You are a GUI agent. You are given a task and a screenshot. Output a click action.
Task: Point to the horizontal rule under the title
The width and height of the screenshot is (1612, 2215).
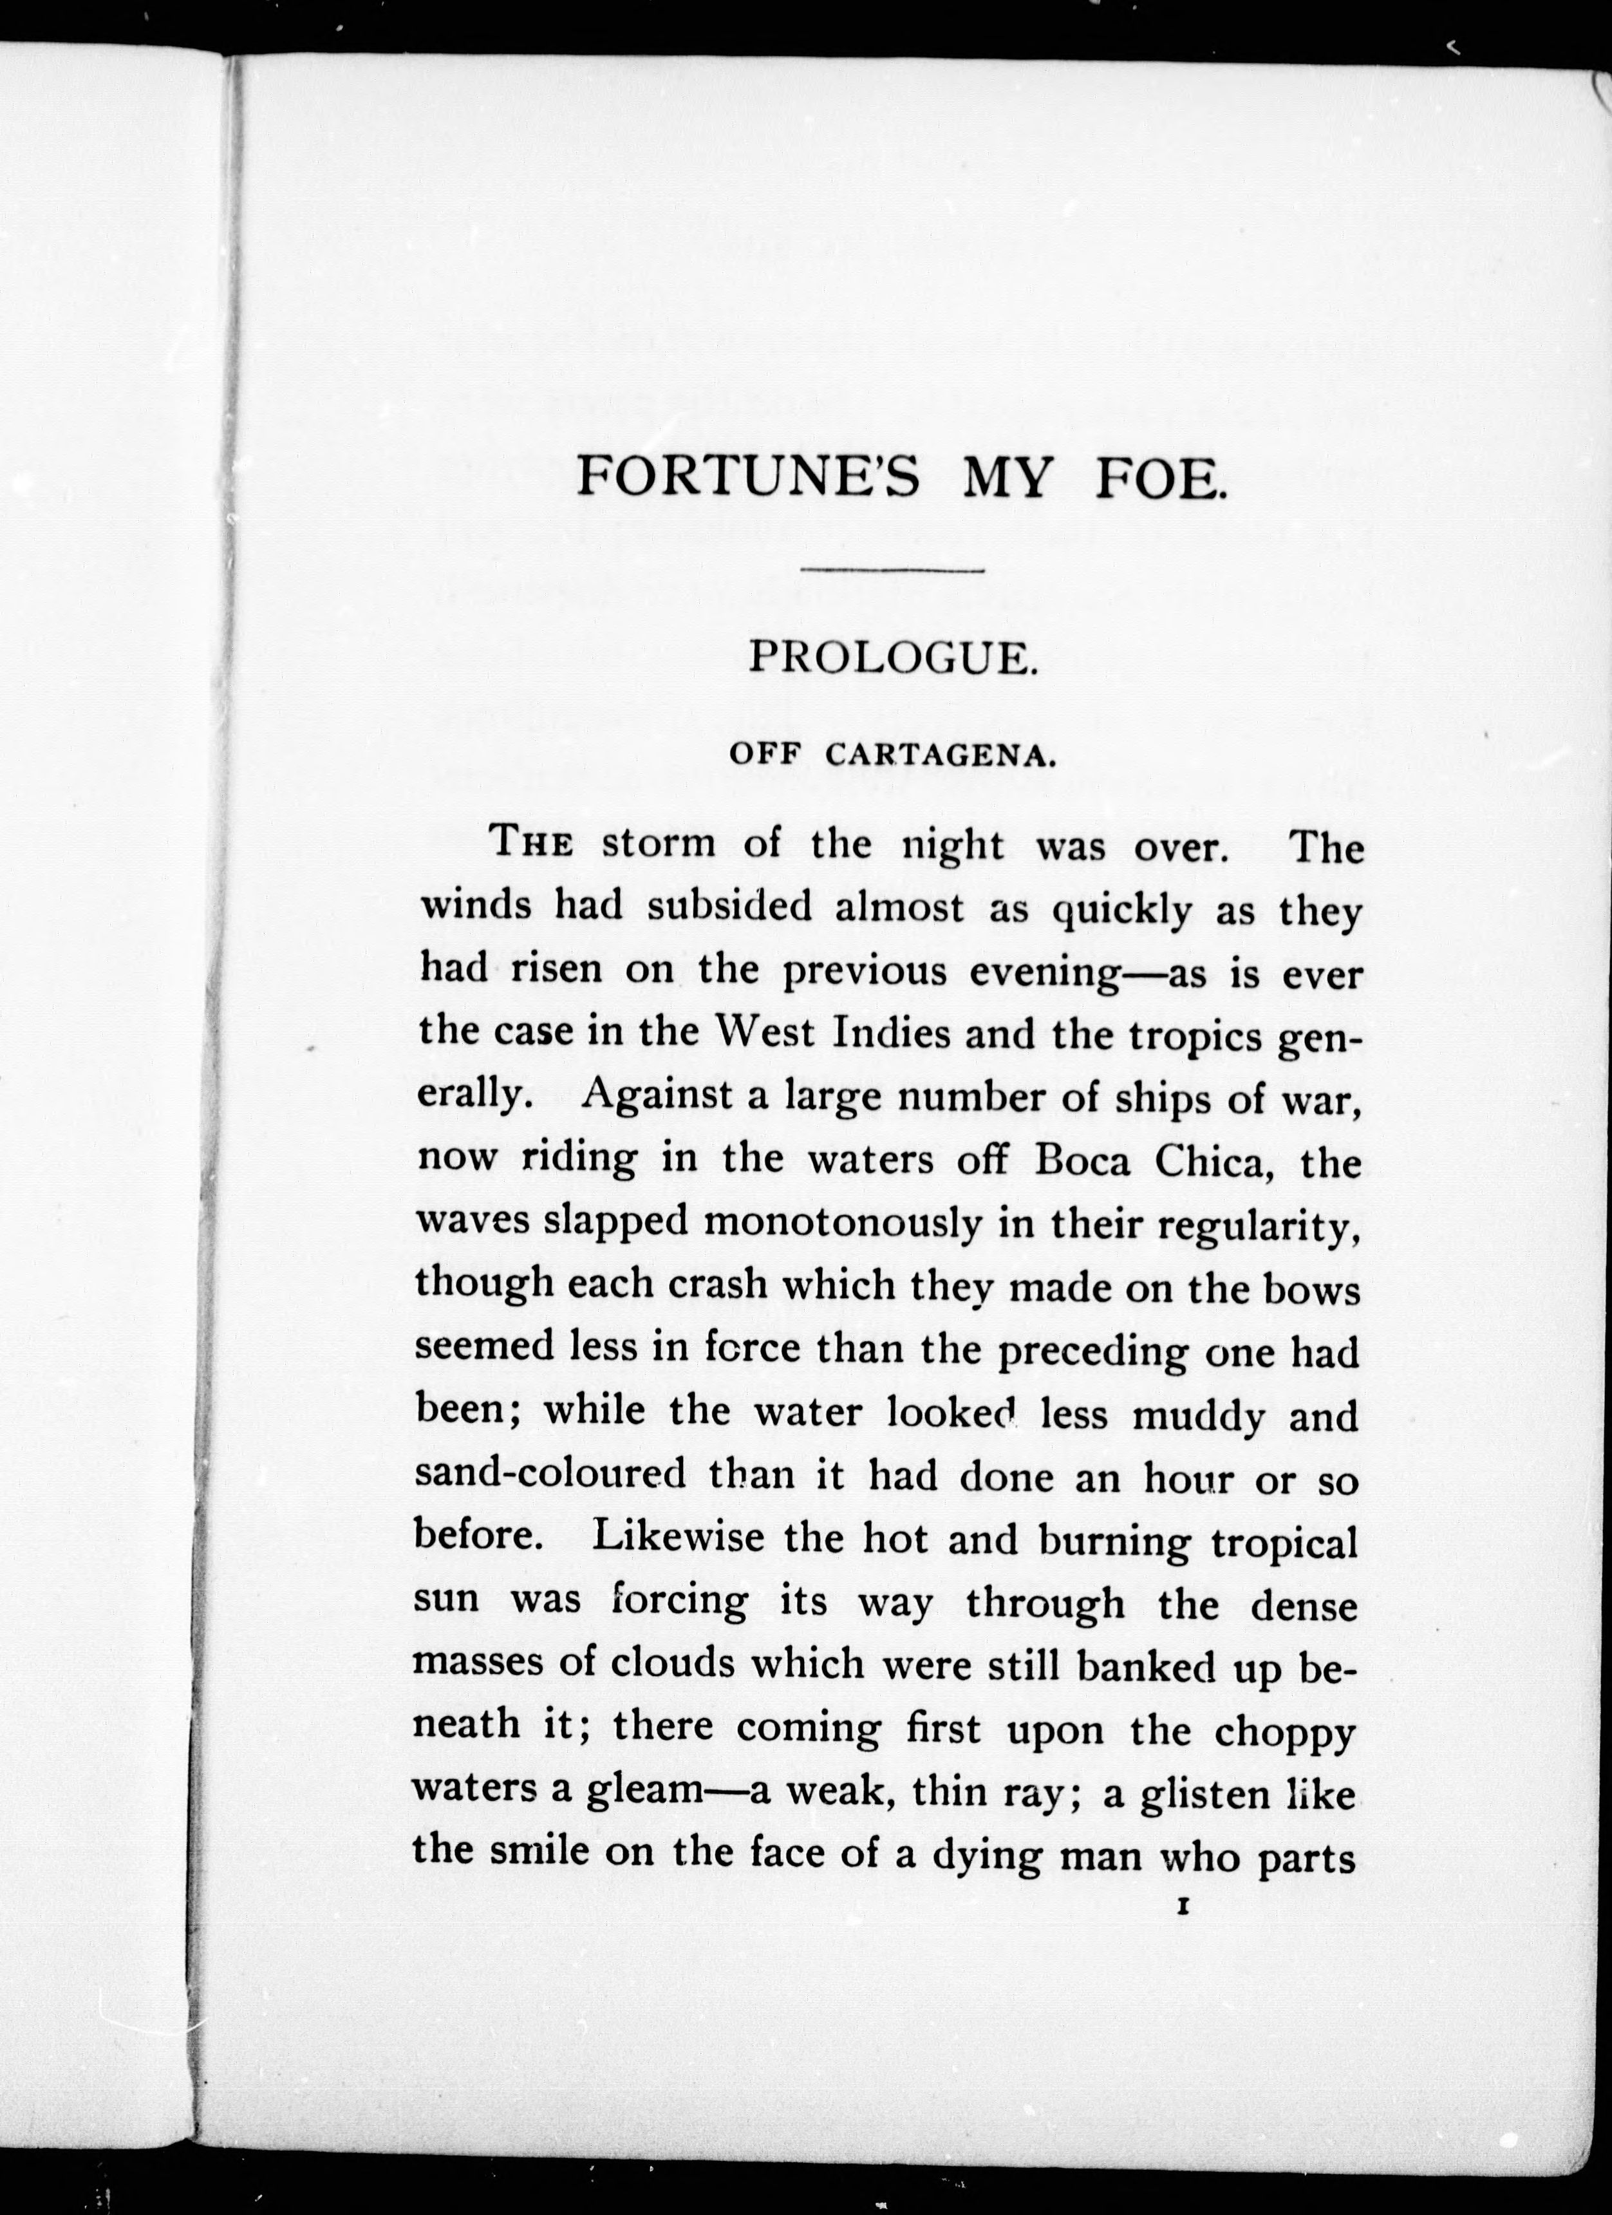coord(892,569)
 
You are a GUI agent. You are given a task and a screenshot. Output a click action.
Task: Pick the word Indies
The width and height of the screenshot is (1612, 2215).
coord(892,1033)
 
